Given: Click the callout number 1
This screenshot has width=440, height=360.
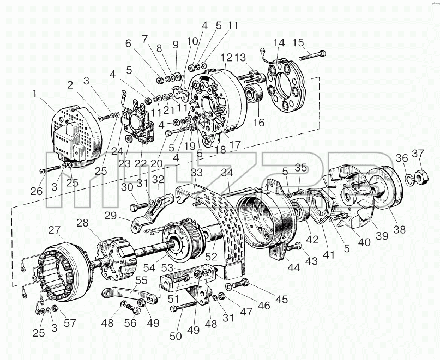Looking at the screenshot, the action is click(x=34, y=93).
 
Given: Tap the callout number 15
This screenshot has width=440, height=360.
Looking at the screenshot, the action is click(x=298, y=43).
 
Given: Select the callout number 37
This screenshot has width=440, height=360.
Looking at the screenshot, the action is click(x=418, y=154).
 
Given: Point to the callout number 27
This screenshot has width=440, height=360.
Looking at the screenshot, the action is click(x=54, y=230).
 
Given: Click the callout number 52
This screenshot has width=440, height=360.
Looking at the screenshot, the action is click(x=212, y=256).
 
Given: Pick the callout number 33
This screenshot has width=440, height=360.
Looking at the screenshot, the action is click(x=196, y=173).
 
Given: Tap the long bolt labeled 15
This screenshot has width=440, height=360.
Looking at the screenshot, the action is click(x=312, y=56).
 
